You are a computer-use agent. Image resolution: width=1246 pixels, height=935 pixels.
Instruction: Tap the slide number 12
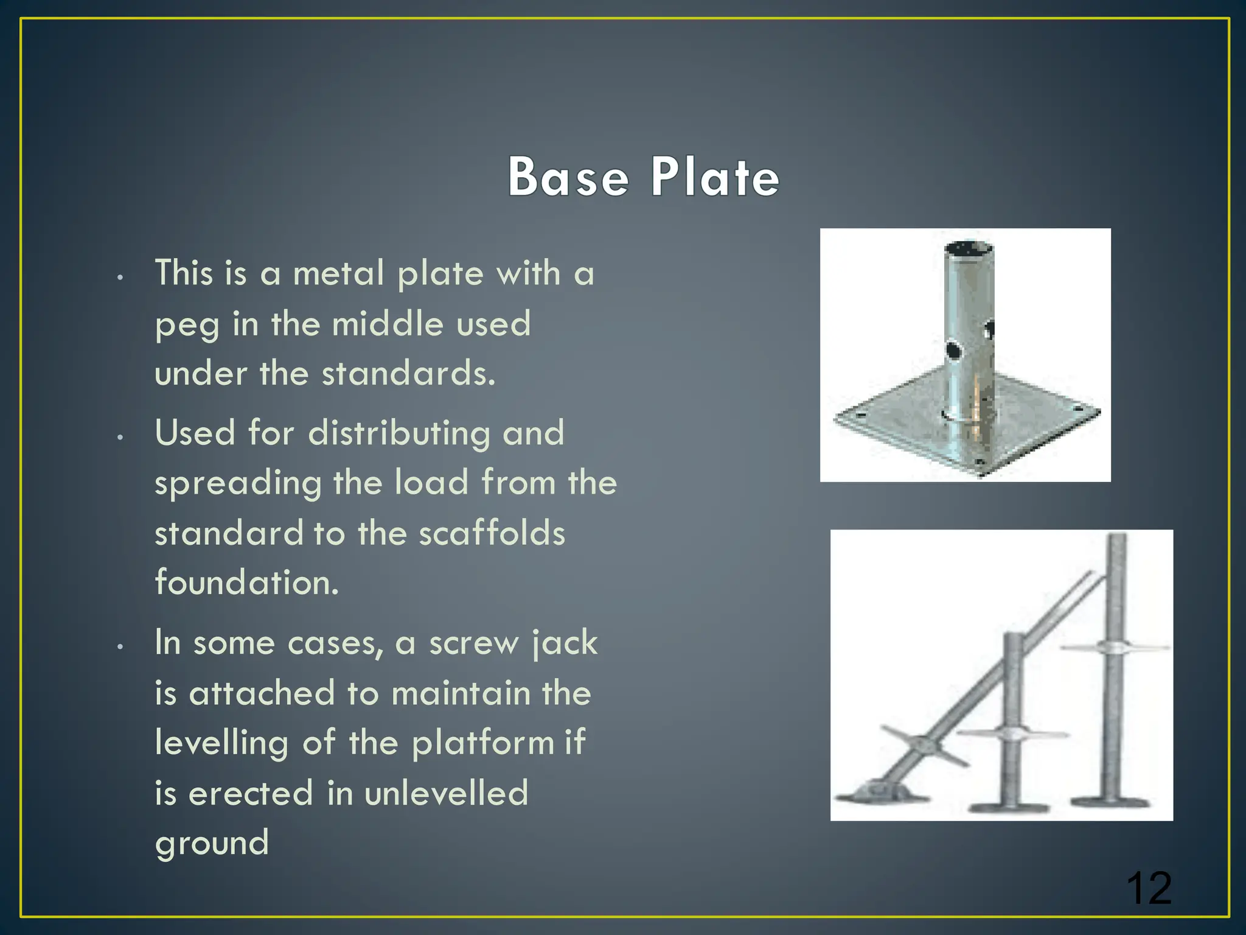pos(1148,889)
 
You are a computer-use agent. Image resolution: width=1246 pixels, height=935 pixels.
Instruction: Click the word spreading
pos(237,485)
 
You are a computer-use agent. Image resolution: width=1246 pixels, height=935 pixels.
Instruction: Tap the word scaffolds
pos(492,533)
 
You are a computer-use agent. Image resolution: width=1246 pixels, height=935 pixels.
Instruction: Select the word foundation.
pos(246,583)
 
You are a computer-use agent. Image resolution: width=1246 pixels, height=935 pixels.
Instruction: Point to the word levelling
pos(221,744)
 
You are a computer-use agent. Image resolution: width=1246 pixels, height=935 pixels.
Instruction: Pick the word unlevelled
pos(446,793)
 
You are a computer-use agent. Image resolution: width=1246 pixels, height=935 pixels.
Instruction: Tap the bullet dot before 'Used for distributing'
pos(120,437)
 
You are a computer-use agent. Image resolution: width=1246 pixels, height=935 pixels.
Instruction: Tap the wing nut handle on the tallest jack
pos(1115,646)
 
